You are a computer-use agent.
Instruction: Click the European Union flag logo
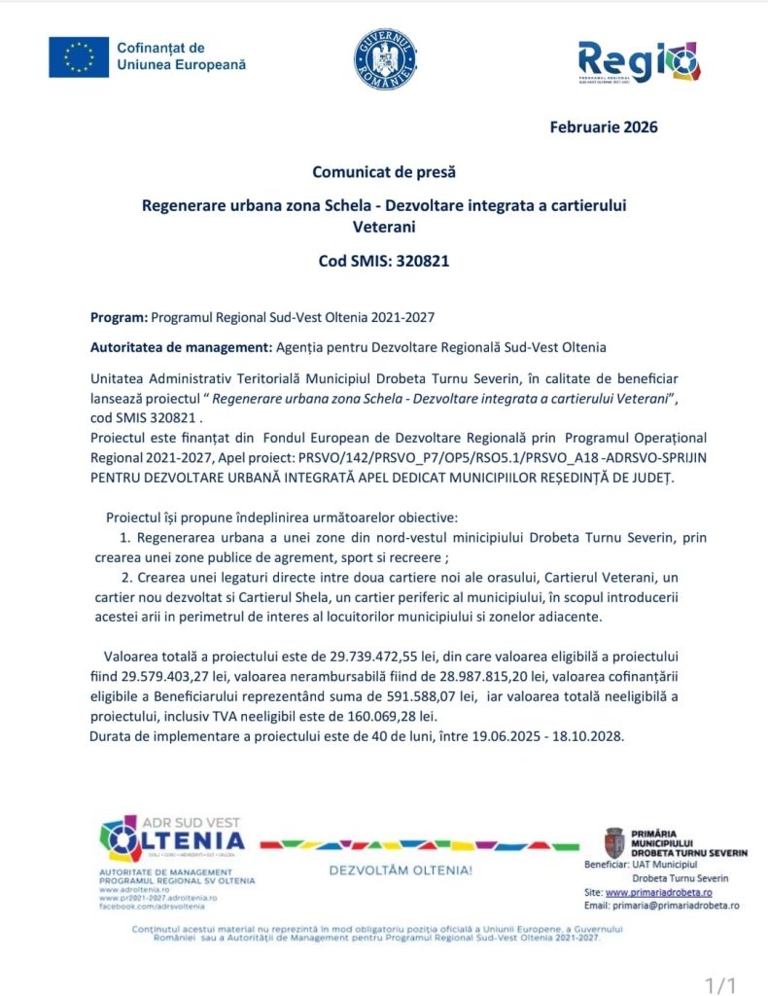(x=79, y=56)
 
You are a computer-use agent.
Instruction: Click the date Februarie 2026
(x=603, y=126)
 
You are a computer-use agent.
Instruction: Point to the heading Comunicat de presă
(x=384, y=172)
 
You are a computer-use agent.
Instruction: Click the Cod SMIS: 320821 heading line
(x=384, y=261)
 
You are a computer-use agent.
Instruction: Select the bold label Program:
(x=118, y=317)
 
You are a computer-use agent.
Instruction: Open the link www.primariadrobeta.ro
(x=659, y=891)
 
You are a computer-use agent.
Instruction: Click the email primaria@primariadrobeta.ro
(x=676, y=905)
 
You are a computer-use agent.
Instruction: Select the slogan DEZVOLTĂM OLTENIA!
(x=401, y=870)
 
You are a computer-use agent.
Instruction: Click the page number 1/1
(x=719, y=985)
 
